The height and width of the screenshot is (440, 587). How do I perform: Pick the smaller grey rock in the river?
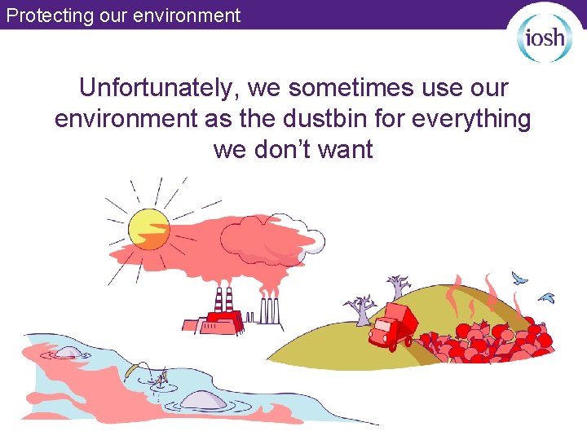tap(67, 352)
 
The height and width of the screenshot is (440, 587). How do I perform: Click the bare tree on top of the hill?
tap(398, 287)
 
